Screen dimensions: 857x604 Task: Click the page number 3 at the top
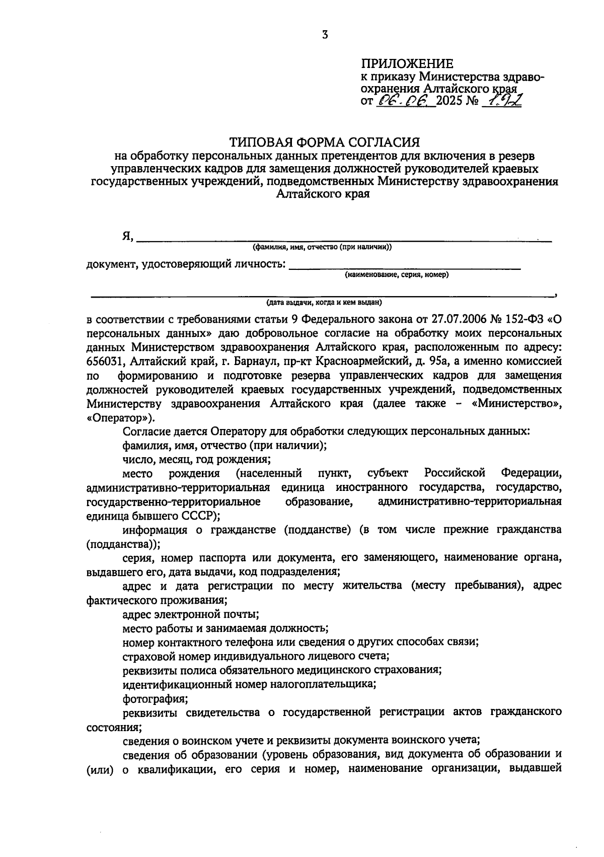[x=325, y=35]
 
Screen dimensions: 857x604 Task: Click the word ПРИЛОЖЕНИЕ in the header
[x=407, y=64]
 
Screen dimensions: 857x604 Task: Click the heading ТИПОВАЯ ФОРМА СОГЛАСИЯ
[x=324, y=142]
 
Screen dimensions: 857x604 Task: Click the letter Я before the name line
[x=127, y=236]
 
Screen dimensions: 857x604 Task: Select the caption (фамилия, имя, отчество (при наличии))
[x=322, y=247]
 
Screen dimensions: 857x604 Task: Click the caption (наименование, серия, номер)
[x=397, y=275]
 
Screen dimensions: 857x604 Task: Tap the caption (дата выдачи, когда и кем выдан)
[x=324, y=303]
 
